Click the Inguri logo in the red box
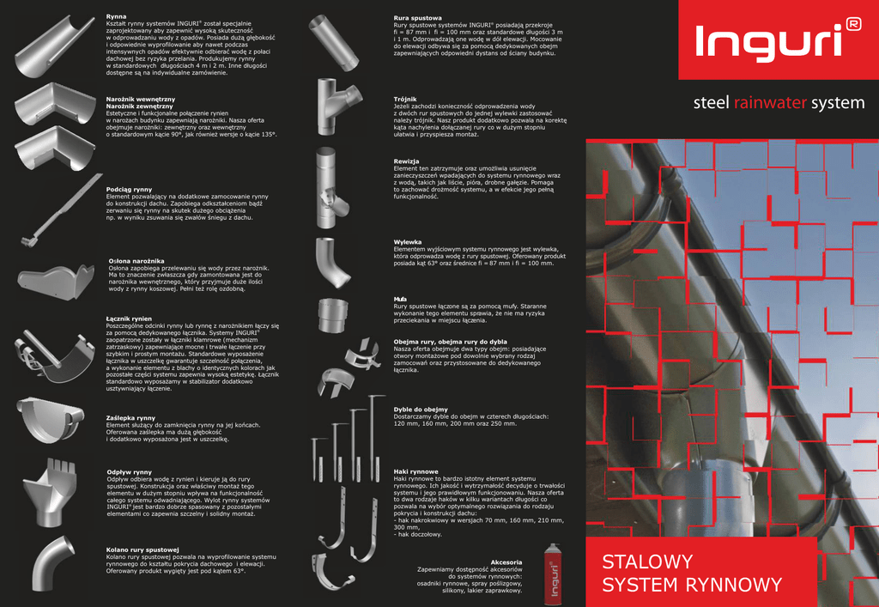778,39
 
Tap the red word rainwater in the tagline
770,102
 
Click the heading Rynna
116,17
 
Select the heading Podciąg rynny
129,190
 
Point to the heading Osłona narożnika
136,261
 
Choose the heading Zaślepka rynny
130,418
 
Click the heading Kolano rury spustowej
142,549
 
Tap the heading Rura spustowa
418,18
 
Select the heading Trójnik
405,100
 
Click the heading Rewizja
406,161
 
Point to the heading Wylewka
408,242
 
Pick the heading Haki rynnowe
416,472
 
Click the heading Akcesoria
506,561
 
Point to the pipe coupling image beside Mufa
333,316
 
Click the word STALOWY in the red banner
647,561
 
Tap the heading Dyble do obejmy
421,410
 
